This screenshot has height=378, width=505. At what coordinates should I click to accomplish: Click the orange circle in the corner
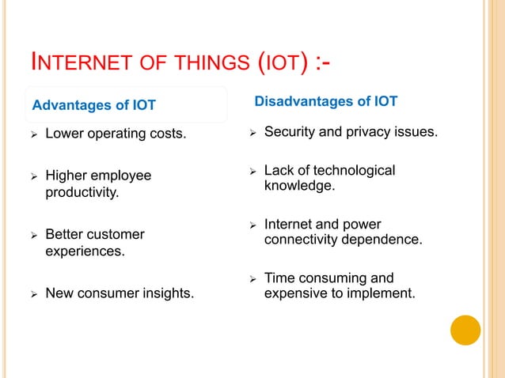[465, 331]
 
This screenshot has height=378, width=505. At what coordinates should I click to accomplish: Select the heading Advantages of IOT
[93, 105]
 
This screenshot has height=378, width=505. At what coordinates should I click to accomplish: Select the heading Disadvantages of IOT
[325, 101]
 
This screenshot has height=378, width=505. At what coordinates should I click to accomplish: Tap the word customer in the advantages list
[115, 235]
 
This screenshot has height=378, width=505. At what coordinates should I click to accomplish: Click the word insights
[169, 294]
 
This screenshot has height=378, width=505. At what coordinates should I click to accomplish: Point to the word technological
[355, 171]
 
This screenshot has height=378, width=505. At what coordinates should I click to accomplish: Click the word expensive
[294, 293]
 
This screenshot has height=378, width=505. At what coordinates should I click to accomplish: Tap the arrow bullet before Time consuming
[251, 278]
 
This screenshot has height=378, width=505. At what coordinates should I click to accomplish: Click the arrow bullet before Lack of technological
[251, 172]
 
